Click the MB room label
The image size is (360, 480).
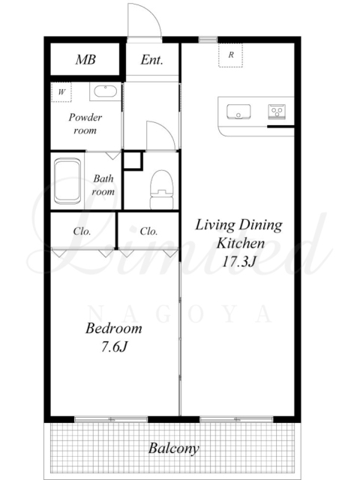click(85, 59)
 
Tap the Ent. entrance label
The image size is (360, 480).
click(151, 60)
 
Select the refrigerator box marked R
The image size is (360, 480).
click(230, 55)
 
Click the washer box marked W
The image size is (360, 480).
click(61, 91)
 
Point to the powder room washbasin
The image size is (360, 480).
click(105, 91)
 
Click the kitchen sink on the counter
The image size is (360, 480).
click(238, 112)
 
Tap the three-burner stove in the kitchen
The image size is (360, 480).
click(277, 112)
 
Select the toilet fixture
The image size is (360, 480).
click(161, 190)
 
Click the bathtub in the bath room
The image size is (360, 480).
click(67, 181)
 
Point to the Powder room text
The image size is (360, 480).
click(85, 124)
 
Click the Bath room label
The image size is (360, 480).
click(103, 185)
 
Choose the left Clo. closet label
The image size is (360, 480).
click(82, 231)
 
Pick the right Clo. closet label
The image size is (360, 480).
click(148, 231)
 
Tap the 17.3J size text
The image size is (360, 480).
click(238, 261)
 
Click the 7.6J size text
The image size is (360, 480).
click(114, 346)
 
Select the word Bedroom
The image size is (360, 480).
click(114, 328)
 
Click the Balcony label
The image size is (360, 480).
click(174, 448)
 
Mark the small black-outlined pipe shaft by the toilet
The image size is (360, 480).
click(133, 160)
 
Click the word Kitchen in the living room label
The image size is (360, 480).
click(241, 243)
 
